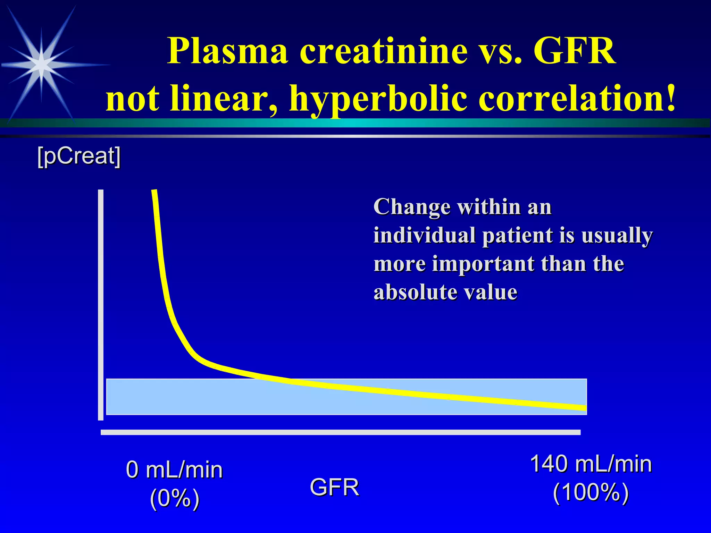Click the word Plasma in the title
point(227,51)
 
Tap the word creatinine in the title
point(383,51)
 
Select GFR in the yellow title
point(575,51)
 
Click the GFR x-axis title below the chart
point(334,487)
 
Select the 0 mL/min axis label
point(174,470)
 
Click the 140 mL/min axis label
point(591,464)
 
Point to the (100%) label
point(591,492)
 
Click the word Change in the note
point(411,207)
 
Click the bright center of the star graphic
point(42,65)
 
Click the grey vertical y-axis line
point(101,305)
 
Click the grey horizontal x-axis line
point(340,432)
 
